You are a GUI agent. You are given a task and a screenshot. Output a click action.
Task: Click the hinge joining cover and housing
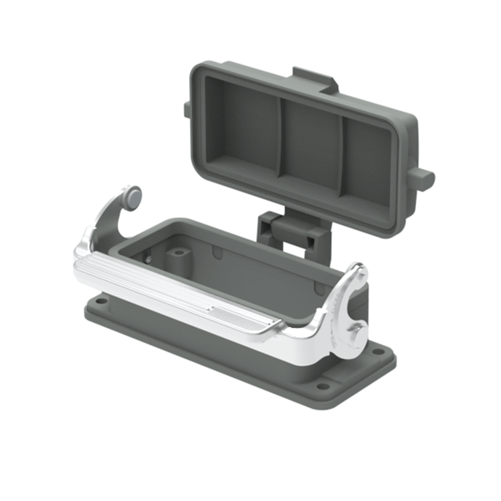pyautogui.click(x=292, y=231)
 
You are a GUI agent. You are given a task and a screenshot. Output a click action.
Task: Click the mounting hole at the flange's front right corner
pyautogui.click(x=322, y=386)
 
